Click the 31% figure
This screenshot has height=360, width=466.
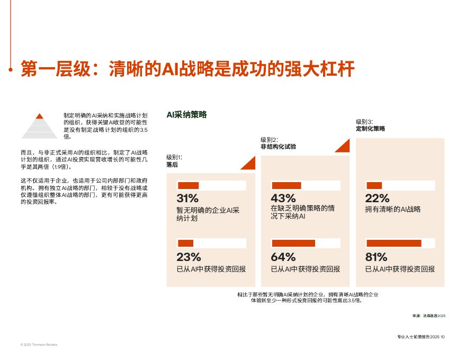[187, 199]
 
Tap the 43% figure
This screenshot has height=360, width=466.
[283, 199]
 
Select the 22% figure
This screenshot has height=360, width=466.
[377, 199]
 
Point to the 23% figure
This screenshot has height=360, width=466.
[189, 257]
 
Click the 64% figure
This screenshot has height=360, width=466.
[283, 257]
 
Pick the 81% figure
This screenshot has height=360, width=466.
[376, 257]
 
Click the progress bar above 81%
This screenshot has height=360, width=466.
[400, 243]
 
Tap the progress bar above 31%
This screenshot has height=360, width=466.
[211, 185]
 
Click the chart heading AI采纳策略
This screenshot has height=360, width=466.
[186, 114]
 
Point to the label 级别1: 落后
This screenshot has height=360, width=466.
[174, 161]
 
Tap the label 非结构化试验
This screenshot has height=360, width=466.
[278, 147]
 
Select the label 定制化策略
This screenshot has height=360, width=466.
[371, 129]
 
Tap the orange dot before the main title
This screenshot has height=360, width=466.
[11, 69]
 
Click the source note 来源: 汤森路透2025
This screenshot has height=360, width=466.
[429, 316]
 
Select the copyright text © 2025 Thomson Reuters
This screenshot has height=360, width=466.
[39, 345]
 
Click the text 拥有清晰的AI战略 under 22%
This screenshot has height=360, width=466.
[392, 210]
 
